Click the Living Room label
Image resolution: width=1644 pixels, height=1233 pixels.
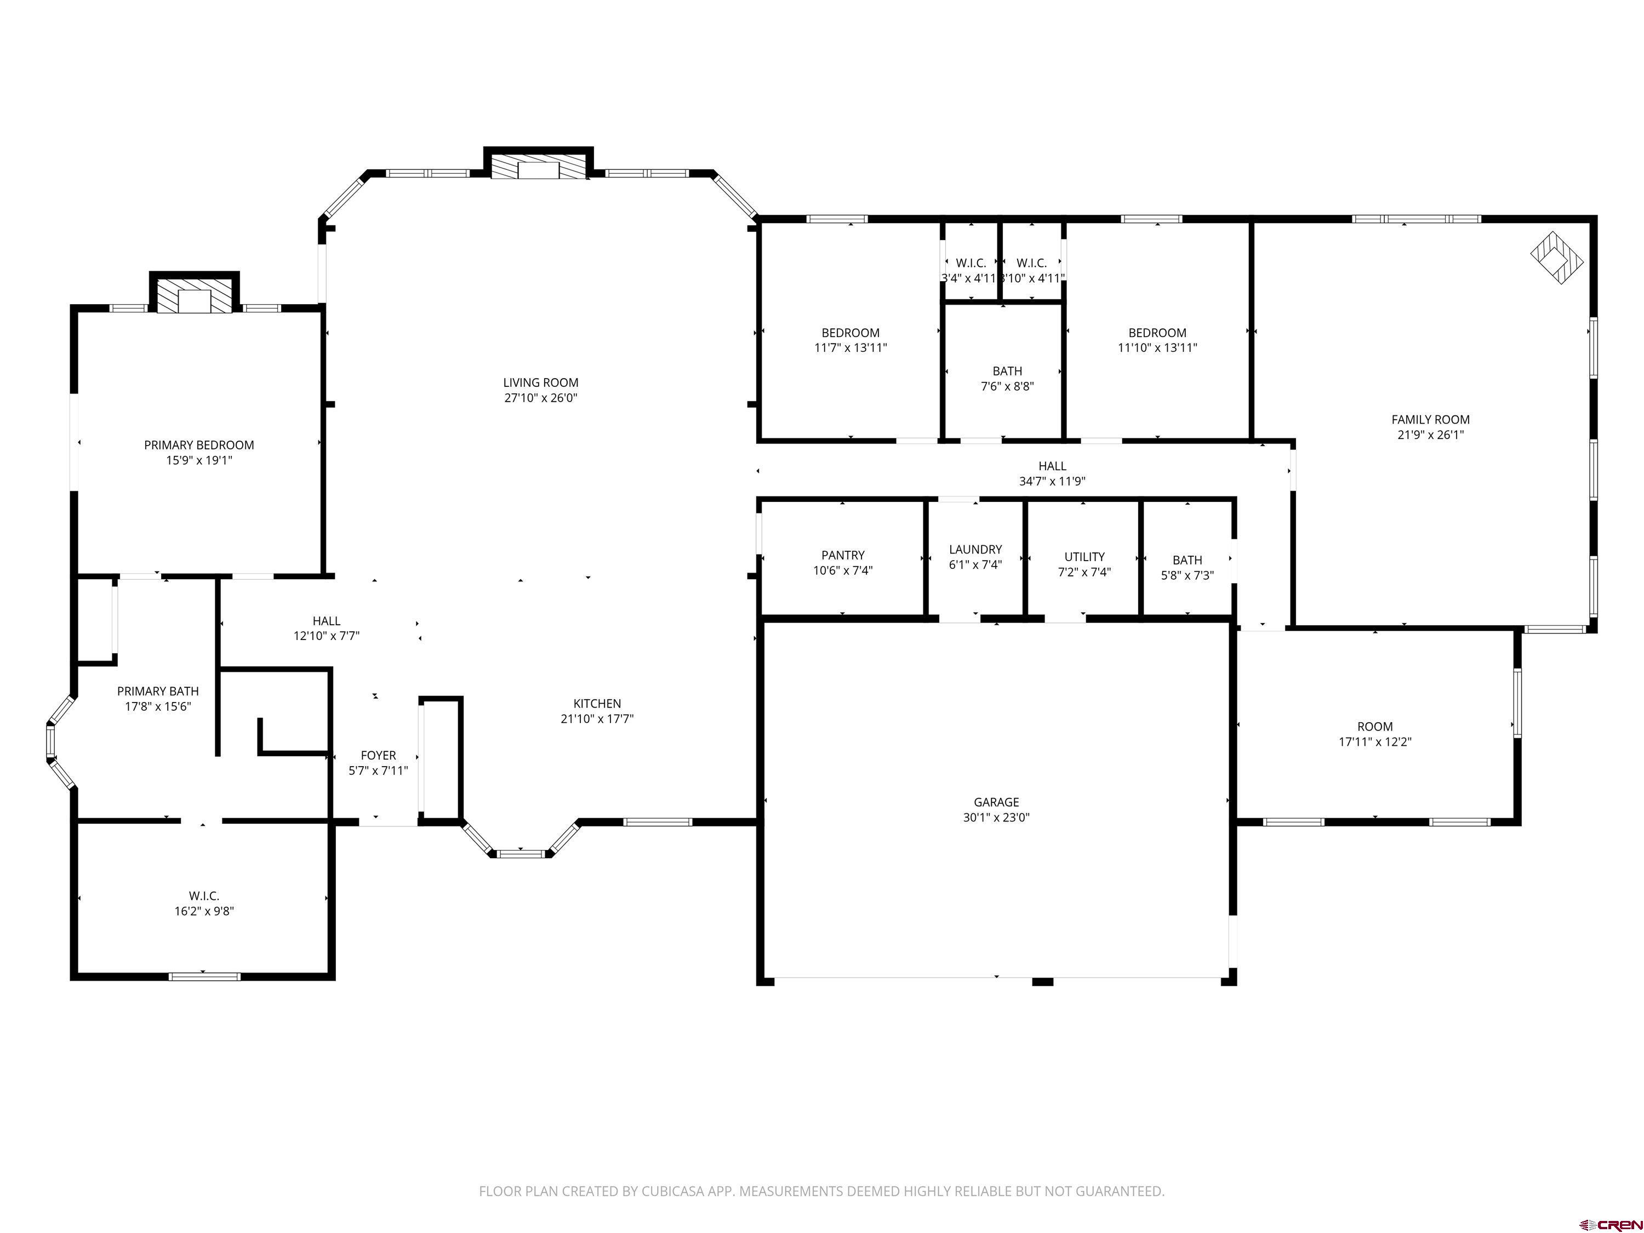pos(540,383)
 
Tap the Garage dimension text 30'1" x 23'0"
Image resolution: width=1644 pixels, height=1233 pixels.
pos(996,818)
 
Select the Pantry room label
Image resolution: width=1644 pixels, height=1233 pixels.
pos(843,555)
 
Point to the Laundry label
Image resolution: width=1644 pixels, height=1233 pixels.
pos(975,549)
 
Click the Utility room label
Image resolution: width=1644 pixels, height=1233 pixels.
pos(1084,557)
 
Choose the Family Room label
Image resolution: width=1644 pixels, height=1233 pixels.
pos(1430,420)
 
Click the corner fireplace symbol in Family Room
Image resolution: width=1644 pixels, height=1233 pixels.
pos(1557,257)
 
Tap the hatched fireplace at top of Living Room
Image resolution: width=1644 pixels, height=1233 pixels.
pos(538,167)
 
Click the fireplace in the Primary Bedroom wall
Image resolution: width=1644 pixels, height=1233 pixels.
pos(195,296)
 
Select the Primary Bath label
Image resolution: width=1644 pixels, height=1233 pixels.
pos(158,691)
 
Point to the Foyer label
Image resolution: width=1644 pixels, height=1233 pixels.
pos(378,755)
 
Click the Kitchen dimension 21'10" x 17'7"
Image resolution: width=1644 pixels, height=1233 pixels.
pos(597,718)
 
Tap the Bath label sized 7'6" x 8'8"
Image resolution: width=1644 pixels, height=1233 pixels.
pos(1007,371)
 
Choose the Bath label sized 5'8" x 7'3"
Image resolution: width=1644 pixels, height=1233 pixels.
pos(1187,561)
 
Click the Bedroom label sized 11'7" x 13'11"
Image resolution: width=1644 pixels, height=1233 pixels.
pos(850,333)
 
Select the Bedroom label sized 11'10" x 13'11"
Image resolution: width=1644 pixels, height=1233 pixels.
pos(1157,333)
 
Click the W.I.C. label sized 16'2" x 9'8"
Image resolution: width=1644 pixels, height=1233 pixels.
pos(204,897)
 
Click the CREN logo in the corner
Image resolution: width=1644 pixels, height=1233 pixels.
pos(1610,1224)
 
